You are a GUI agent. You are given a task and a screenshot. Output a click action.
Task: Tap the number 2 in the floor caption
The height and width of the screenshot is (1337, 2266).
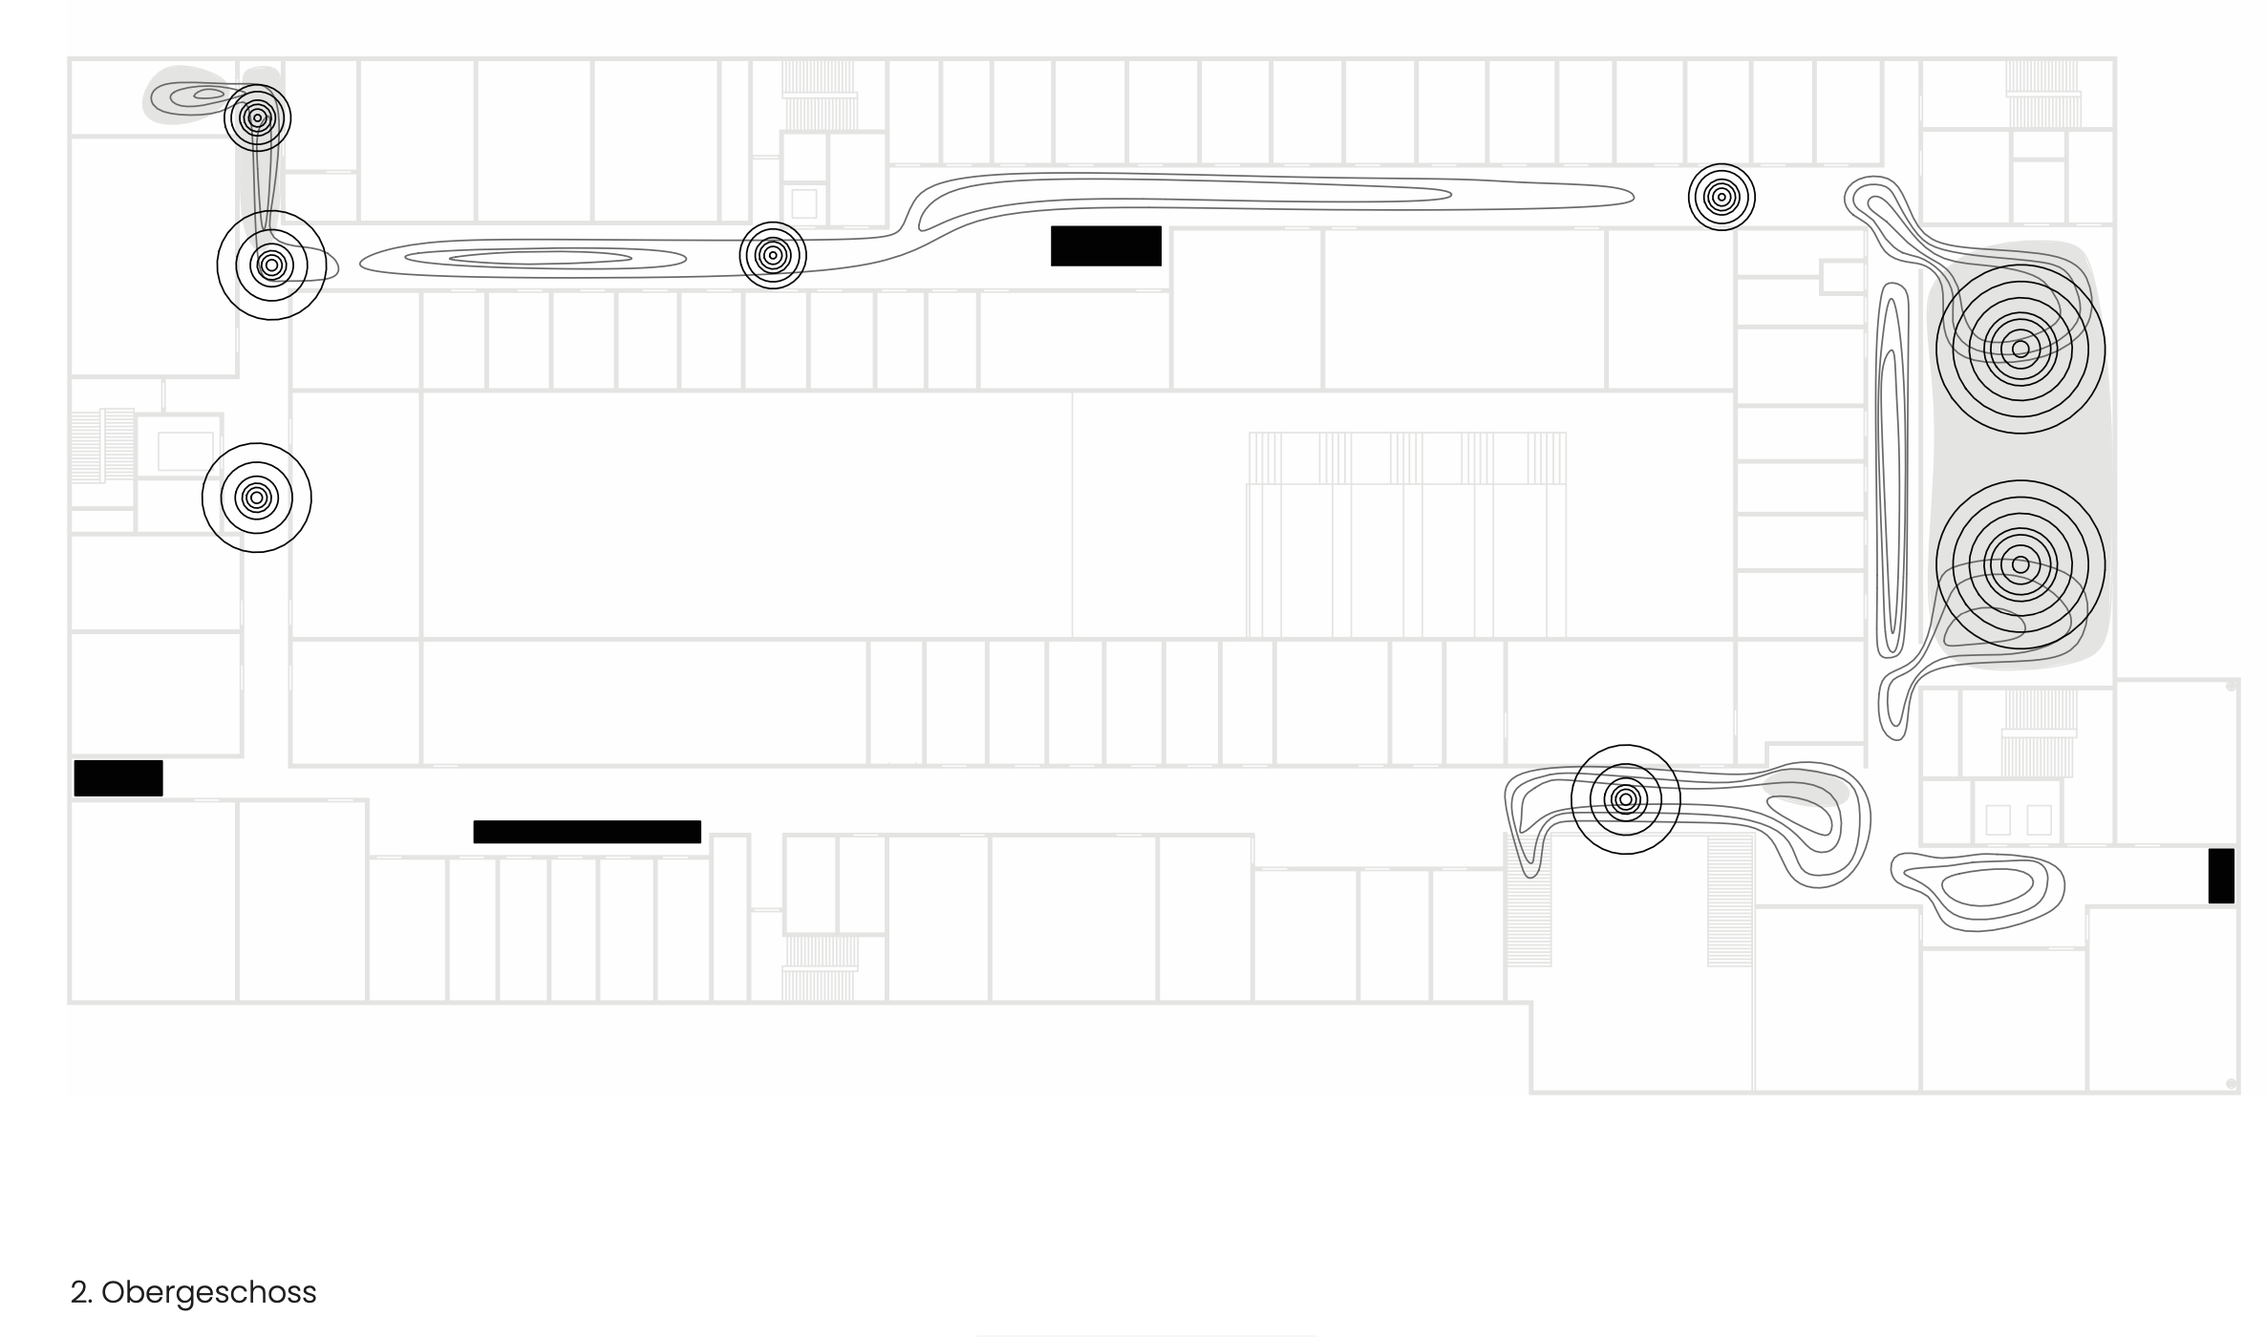click(x=77, y=1292)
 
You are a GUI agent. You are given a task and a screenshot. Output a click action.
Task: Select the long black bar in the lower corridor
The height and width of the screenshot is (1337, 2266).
click(x=587, y=832)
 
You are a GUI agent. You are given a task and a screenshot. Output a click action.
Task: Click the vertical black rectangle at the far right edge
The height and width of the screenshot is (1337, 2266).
click(x=2221, y=875)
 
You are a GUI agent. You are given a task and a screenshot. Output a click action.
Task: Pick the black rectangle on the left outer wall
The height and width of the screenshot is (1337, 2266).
click(x=118, y=778)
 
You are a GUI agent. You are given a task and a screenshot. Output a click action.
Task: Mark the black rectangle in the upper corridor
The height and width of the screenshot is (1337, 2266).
click(x=1105, y=245)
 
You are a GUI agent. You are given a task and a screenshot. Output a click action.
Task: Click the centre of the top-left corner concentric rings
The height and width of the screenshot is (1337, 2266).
click(x=257, y=118)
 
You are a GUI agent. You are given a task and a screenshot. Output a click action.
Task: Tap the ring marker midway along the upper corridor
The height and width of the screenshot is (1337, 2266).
click(x=773, y=256)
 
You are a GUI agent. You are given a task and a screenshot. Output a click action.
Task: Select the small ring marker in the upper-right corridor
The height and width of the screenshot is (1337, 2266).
click(x=1721, y=197)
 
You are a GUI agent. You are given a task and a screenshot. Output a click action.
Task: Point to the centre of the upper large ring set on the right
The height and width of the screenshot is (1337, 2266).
click(x=2020, y=350)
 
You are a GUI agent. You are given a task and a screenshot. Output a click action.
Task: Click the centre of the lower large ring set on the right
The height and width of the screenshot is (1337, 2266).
click(x=2020, y=564)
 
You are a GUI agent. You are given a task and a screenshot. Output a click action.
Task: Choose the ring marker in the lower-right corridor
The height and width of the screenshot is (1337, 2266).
click(x=1625, y=798)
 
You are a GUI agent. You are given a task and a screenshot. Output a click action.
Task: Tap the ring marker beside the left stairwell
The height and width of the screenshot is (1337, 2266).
click(x=256, y=498)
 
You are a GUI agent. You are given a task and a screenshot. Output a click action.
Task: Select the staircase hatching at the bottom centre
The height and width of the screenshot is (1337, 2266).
click(x=819, y=966)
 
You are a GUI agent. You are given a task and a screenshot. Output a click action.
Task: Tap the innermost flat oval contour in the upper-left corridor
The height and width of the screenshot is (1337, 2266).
click(x=540, y=258)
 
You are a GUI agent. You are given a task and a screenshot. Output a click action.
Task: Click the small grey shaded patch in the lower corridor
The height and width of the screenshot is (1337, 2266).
click(x=1806, y=787)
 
